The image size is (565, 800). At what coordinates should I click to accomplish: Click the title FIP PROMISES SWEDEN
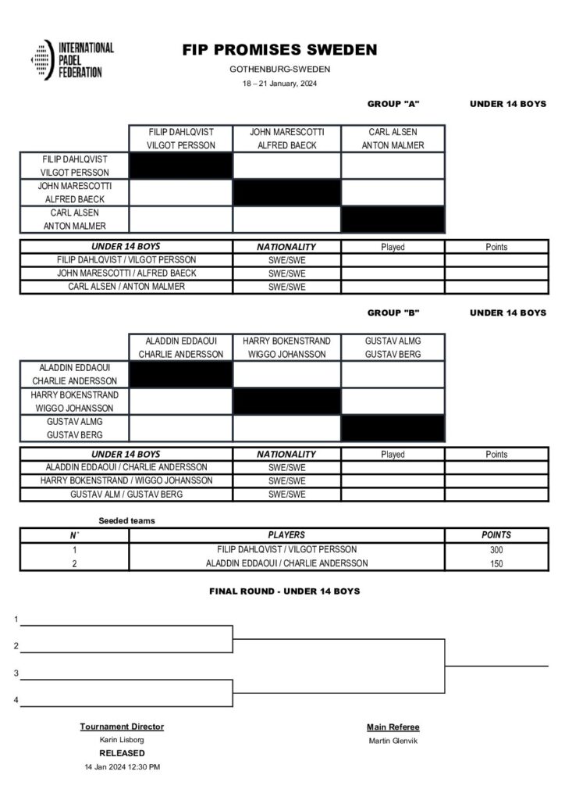(279, 50)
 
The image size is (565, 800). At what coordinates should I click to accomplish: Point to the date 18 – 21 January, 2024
(279, 84)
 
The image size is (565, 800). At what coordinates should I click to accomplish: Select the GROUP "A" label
(393, 104)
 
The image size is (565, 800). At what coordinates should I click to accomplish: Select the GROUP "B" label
(393, 312)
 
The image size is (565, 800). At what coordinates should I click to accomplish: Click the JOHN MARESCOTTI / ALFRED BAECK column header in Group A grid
(286, 138)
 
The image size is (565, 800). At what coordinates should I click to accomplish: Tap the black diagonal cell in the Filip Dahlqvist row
(180, 166)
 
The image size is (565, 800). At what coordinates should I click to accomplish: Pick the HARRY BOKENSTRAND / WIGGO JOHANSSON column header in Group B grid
(286, 347)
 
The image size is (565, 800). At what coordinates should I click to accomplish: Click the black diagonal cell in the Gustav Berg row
(393, 428)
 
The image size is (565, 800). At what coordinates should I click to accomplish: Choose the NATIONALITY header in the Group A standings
(286, 247)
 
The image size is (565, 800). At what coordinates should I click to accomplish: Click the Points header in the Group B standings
(496, 454)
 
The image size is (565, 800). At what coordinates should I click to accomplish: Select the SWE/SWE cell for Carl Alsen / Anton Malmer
(286, 287)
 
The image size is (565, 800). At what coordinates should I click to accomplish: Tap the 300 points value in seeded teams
(496, 549)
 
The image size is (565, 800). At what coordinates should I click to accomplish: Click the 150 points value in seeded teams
(496, 563)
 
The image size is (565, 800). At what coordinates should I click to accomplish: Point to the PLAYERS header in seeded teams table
(286, 535)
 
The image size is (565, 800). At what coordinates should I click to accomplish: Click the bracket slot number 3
(16, 673)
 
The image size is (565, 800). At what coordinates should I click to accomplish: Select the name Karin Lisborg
(122, 739)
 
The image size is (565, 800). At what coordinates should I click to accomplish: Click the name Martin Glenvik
(393, 740)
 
